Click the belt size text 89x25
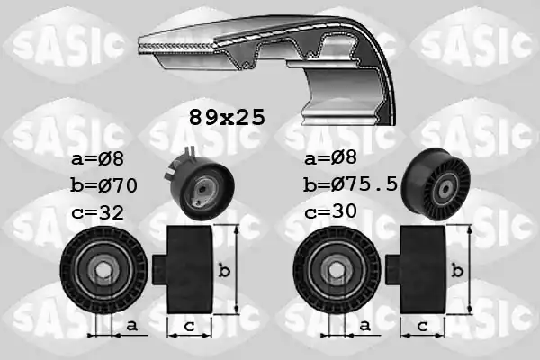point(226,117)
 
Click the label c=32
point(97,213)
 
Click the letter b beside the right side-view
point(460,269)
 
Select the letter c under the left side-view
point(187,326)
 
